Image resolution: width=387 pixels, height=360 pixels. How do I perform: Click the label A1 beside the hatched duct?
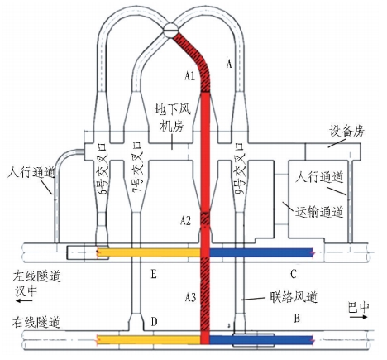point(189,75)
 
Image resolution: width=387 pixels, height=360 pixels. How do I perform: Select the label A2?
point(185,221)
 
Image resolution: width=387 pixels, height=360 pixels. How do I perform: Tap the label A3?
point(190,297)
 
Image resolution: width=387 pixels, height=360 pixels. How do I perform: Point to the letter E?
point(154,274)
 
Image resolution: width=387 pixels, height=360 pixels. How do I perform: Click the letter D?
point(154,321)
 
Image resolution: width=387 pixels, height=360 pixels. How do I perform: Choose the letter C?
point(294,274)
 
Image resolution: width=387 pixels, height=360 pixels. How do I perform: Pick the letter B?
point(297,319)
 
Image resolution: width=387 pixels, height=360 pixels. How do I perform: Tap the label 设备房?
point(347,131)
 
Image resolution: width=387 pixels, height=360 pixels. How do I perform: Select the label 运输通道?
point(319,213)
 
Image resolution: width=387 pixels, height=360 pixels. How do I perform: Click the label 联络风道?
point(294,297)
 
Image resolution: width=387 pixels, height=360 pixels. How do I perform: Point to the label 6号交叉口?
point(103,169)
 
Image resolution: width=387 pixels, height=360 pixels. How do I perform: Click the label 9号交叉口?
point(240,168)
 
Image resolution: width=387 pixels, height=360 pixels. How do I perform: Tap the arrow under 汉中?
point(24,300)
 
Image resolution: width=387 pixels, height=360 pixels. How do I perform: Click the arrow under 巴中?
point(359,317)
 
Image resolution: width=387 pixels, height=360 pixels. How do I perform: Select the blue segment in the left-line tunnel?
point(261,252)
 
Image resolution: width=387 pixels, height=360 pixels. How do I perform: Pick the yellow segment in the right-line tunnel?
point(149,339)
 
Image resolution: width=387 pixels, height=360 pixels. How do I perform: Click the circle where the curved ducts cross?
point(170,30)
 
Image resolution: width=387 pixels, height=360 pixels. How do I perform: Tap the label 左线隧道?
point(36,276)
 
